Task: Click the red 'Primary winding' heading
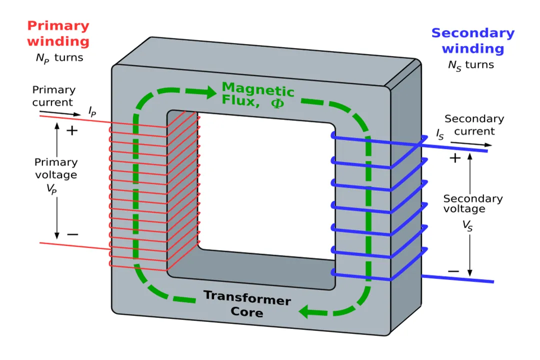(x=58, y=33)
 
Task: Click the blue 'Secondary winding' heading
(x=472, y=41)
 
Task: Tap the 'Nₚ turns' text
(x=59, y=58)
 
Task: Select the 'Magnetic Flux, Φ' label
(x=258, y=94)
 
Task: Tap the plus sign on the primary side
(x=72, y=131)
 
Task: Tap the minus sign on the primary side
(x=72, y=234)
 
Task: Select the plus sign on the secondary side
(x=454, y=158)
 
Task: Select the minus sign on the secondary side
(x=453, y=271)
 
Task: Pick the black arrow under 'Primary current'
(x=52, y=113)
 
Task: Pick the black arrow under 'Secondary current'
(x=470, y=144)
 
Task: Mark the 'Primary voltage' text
(x=55, y=168)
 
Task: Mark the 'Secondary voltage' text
(x=473, y=203)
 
